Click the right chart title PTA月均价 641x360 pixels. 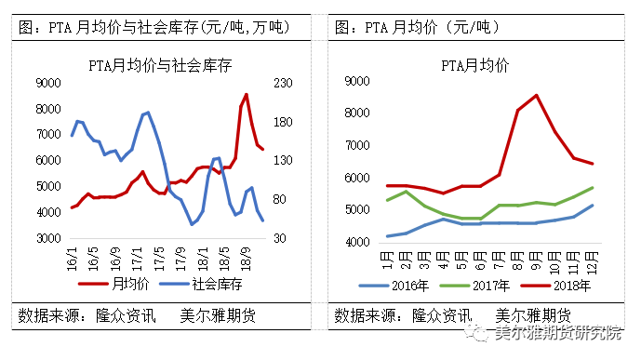[x=474, y=65]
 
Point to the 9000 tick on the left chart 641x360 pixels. [x=46, y=84]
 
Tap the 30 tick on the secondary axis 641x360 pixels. [x=278, y=239]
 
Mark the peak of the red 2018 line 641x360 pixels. [x=537, y=95]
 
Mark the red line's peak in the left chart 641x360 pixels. [x=246, y=94]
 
